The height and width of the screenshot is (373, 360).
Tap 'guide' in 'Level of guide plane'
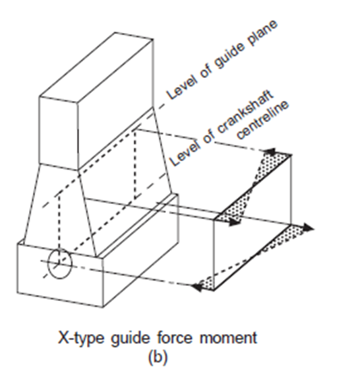[x=229, y=57]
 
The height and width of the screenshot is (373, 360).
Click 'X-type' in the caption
[x=81, y=338]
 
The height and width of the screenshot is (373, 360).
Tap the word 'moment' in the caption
[x=228, y=337]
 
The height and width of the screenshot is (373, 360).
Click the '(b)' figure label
[x=158, y=356]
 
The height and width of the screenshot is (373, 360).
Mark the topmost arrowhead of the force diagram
[x=270, y=152]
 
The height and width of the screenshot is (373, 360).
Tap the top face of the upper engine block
[x=96, y=67]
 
